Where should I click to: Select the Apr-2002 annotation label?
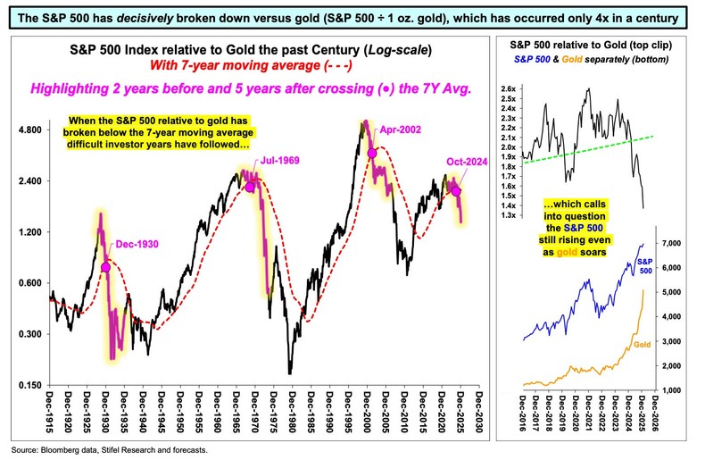point(400,130)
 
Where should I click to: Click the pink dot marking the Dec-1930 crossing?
point(106,267)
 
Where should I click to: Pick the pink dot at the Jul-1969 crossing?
point(250,187)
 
